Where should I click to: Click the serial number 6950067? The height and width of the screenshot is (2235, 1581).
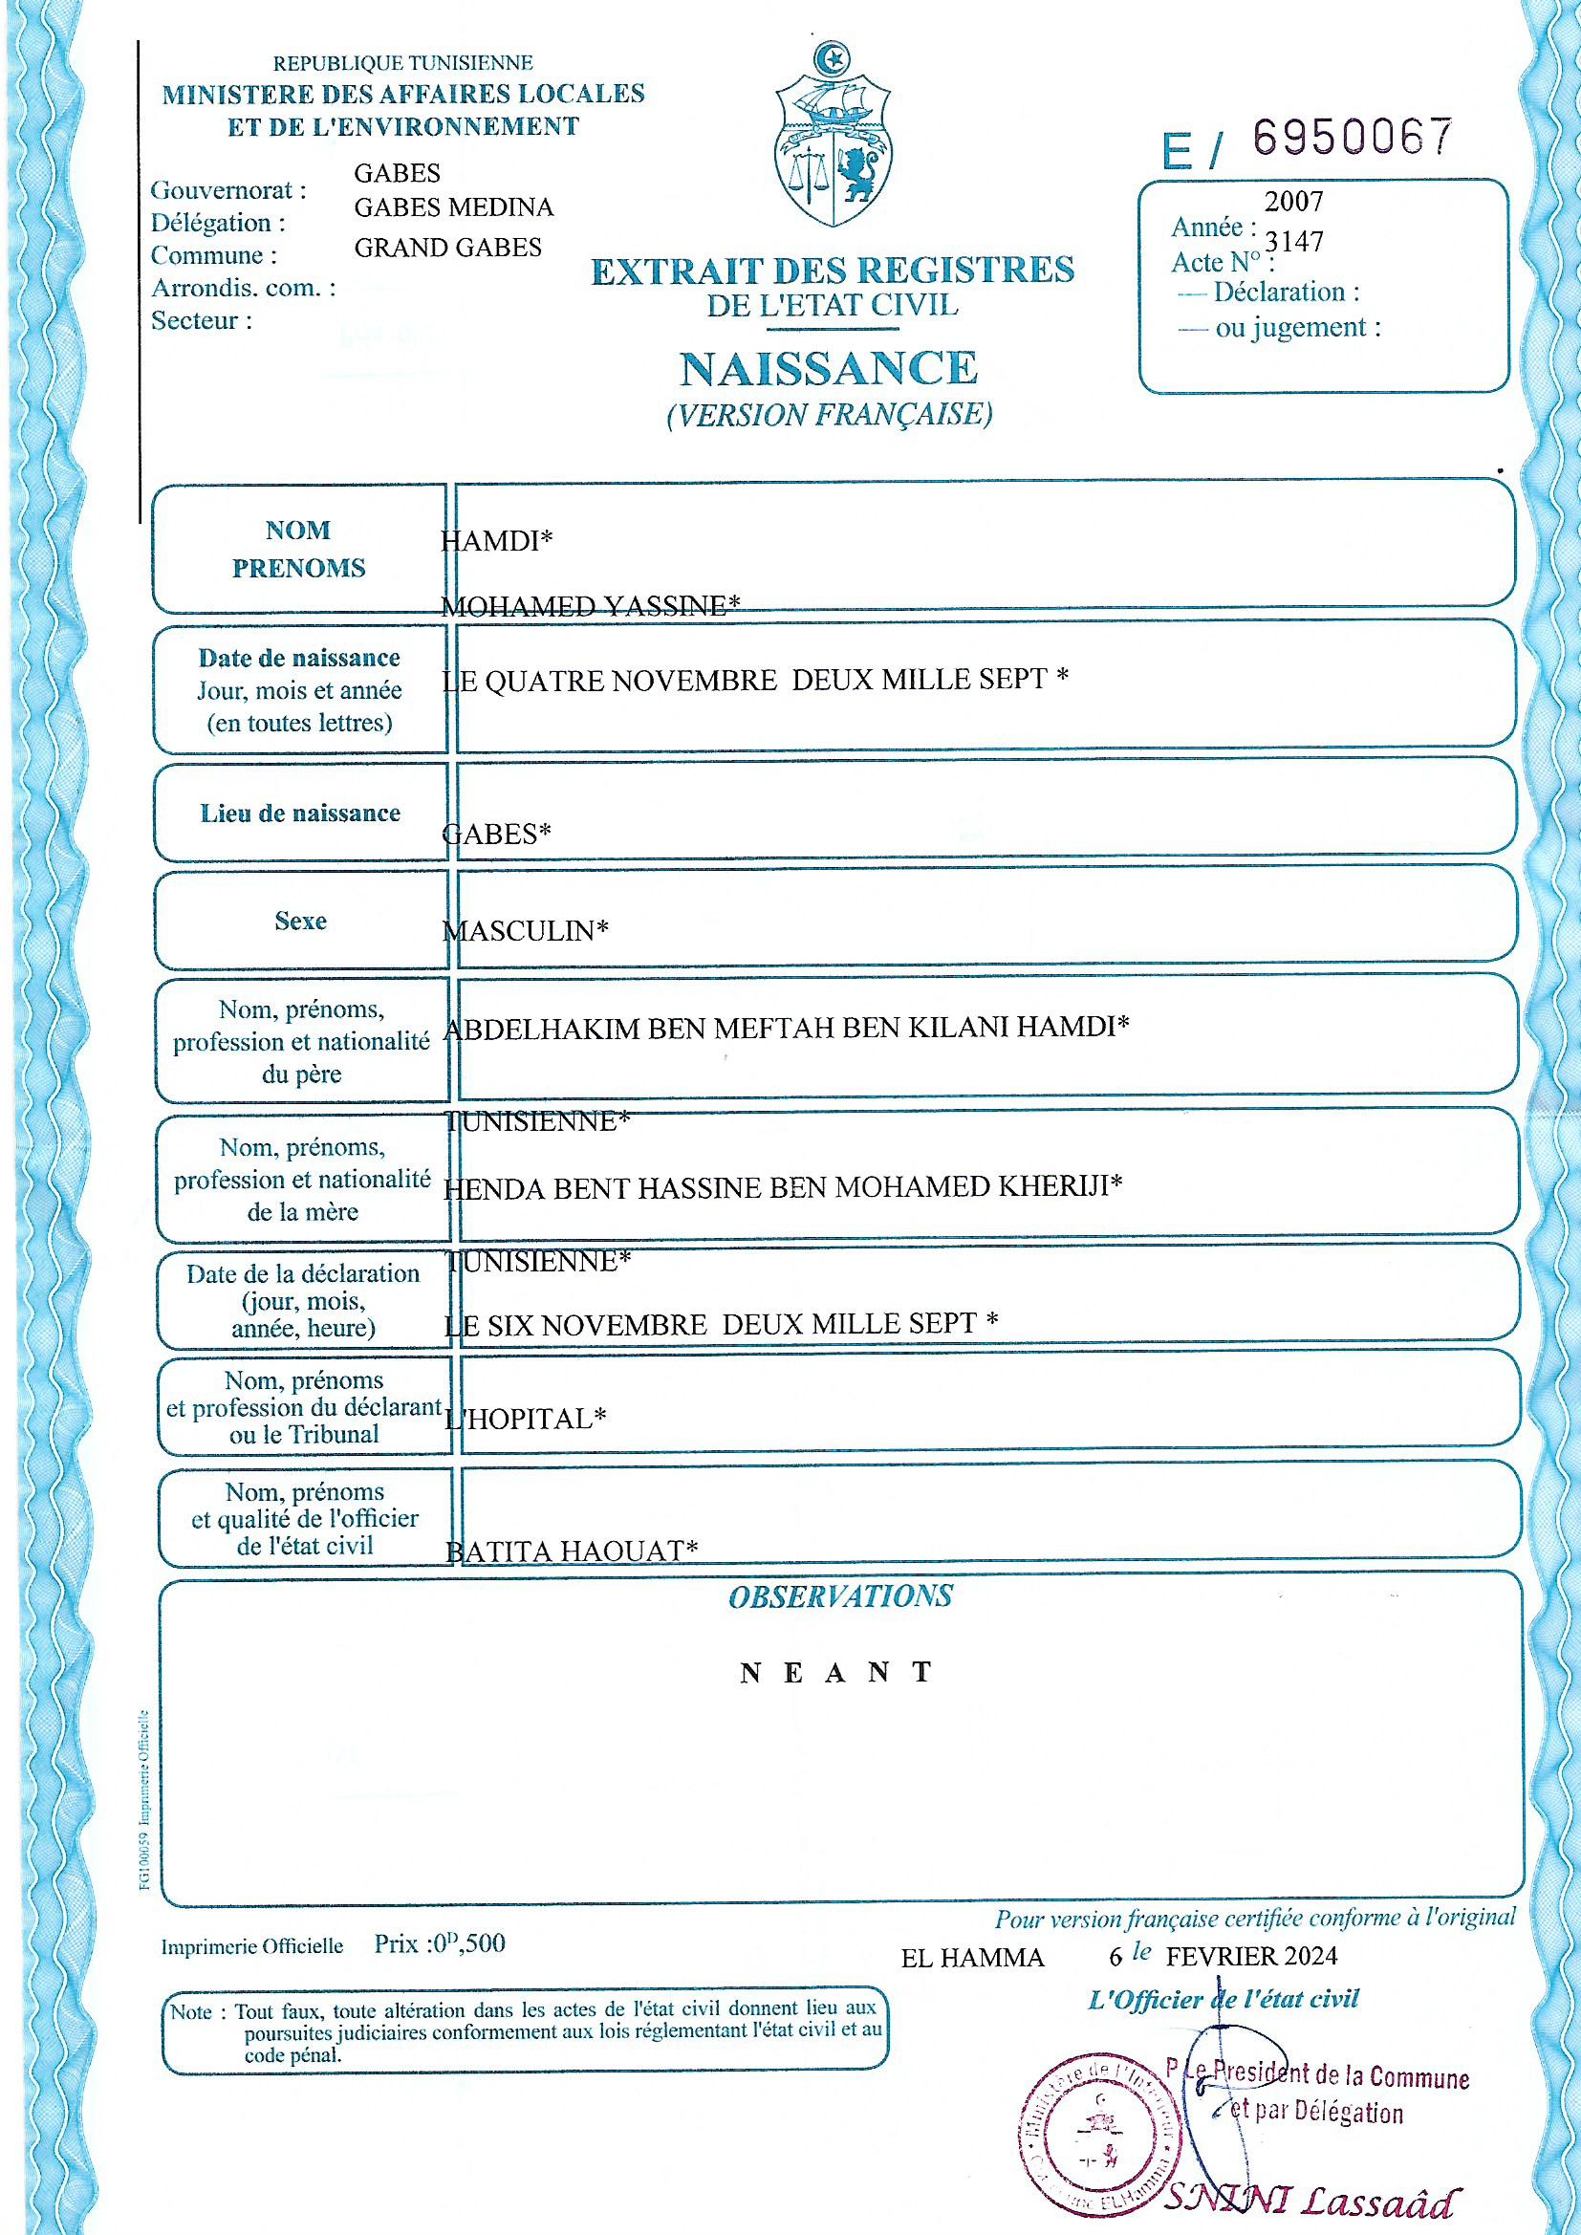point(1353,138)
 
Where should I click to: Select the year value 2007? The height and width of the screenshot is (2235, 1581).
point(1294,202)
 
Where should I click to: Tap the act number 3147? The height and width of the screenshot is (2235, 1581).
point(1294,241)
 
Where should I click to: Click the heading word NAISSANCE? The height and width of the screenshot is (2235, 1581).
point(829,369)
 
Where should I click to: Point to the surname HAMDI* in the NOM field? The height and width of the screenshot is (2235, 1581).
point(496,540)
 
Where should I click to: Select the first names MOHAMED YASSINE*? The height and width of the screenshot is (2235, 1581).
point(590,606)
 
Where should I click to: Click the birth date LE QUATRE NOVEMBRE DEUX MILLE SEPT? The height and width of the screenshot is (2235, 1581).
point(754,680)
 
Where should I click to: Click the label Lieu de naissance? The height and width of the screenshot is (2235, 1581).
point(300,813)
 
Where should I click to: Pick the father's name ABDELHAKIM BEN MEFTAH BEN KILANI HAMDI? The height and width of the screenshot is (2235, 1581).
point(786,1027)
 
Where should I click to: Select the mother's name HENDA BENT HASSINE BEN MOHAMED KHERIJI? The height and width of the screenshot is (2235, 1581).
point(783,1186)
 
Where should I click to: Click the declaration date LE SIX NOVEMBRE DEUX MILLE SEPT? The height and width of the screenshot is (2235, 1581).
point(721,1324)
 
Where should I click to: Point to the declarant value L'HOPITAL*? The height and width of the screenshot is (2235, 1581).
point(526,1419)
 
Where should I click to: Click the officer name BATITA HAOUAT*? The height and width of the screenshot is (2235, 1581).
point(572,1551)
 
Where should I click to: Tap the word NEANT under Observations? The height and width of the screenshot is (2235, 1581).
point(836,1673)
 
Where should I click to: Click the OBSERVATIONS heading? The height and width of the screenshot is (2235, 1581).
point(840,1596)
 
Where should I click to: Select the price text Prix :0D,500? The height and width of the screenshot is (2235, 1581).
point(440,1944)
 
